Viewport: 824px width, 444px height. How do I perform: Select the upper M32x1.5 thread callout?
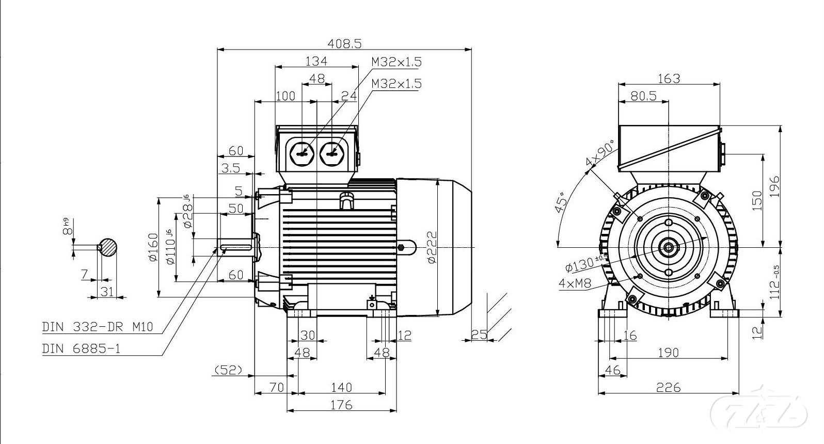click(396, 62)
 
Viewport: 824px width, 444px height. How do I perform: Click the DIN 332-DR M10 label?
click(98, 327)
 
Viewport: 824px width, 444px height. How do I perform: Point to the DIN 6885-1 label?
click(81, 348)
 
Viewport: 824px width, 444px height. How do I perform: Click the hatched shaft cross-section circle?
click(108, 247)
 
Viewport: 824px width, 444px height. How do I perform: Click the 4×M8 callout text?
click(574, 283)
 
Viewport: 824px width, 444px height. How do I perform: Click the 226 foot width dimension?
click(668, 387)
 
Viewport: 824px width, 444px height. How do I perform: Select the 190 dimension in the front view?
click(668, 353)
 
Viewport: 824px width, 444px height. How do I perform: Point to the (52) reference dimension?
click(228, 370)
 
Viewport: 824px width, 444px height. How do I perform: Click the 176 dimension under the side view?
click(341, 405)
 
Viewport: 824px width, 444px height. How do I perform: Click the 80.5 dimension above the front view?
click(643, 96)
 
